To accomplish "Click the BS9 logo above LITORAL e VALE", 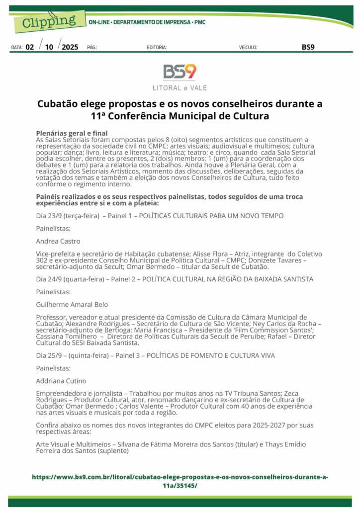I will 180,72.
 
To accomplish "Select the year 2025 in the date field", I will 70,47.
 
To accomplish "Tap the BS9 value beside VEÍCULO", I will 308,47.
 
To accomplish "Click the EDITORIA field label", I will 157,48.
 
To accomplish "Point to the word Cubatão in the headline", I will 56,104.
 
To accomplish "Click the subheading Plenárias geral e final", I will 72,133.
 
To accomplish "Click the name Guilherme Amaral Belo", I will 72,305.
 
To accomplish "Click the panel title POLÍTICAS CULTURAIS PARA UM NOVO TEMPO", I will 211,216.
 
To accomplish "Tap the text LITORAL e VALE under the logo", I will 180,88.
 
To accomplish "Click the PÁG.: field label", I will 92,48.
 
